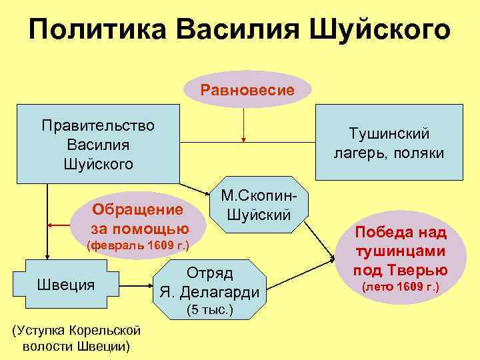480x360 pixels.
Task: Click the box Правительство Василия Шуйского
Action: (x=98, y=144)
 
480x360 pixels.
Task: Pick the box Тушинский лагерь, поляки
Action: (x=388, y=144)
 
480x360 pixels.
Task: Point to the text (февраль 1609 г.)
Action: (x=139, y=246)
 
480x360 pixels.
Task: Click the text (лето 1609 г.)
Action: (x=400, y=288)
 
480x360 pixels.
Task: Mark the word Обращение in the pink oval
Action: (x=138, y=210)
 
